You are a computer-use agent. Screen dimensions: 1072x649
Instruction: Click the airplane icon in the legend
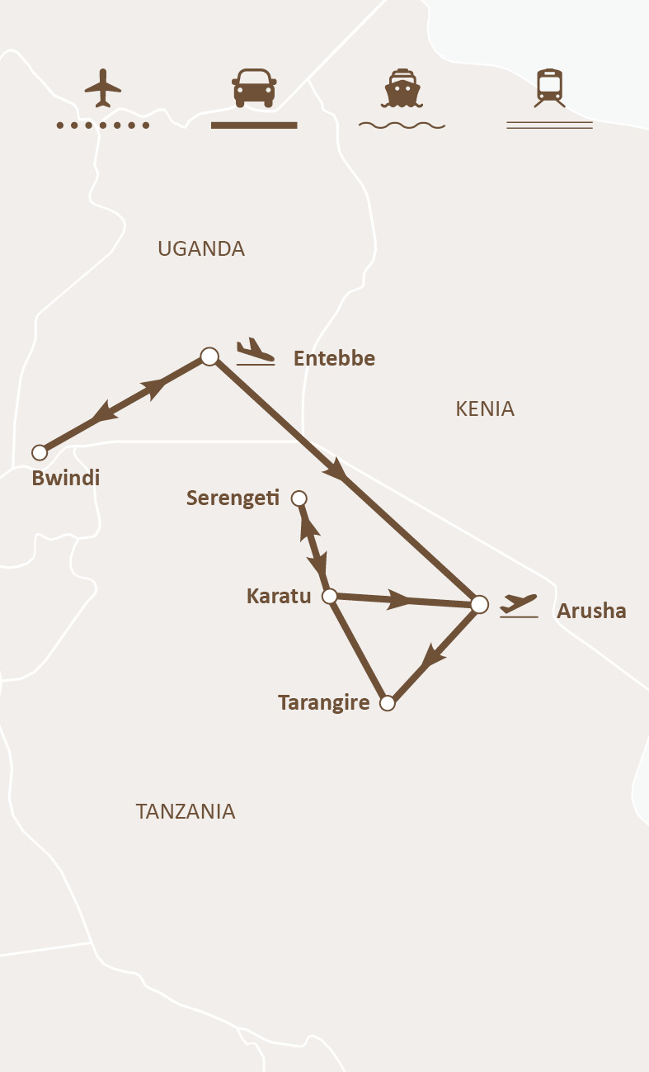(102, 87)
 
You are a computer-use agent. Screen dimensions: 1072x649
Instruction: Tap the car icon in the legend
(254, 87)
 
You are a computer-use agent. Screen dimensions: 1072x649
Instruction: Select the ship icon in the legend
(402, 87)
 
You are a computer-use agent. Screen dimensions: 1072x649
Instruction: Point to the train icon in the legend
(549, 87)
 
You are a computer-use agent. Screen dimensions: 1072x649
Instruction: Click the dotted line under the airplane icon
(102, 125)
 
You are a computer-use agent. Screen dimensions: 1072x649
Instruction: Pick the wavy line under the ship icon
(402, 125)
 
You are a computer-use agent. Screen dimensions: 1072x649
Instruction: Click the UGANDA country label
(201, 248)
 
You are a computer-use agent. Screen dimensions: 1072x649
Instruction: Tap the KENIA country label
(485, 408)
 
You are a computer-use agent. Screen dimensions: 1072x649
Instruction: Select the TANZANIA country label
(186, 811)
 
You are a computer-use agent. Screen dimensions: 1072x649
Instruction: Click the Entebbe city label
(334, 358)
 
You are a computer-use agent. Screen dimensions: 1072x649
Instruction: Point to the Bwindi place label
(65, 478)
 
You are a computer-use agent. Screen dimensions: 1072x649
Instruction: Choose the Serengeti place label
(233, 498)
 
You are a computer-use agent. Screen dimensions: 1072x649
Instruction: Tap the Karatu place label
(279, 595)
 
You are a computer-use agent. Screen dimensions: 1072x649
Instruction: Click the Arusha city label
(591, 611)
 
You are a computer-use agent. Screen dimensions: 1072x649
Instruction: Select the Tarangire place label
(323, 702)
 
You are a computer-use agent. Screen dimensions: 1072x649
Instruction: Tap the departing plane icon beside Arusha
(519, 605)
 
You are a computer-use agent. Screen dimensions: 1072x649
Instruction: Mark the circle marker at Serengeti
(299, 498)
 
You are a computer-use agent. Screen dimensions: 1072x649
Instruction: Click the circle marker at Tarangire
(388, 704)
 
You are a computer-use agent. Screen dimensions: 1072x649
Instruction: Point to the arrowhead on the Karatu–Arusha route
(400, 600)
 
